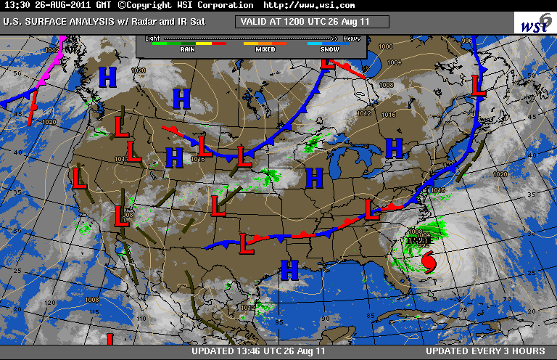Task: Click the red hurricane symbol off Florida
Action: [x=429, y=261]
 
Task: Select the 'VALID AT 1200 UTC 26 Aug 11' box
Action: [x=312, y=21]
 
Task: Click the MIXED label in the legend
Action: [x=265, y=50]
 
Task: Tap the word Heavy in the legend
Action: [x=352, y=37]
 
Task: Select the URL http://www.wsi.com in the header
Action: [x=310, y=5]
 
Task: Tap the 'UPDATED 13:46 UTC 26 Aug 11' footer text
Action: [x=258, y=352]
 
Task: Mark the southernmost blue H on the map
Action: [x=289, y=270]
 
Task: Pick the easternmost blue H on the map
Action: [x=394, y=148]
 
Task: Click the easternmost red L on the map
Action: [x=478, y=85]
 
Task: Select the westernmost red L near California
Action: [x=78, y=176]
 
